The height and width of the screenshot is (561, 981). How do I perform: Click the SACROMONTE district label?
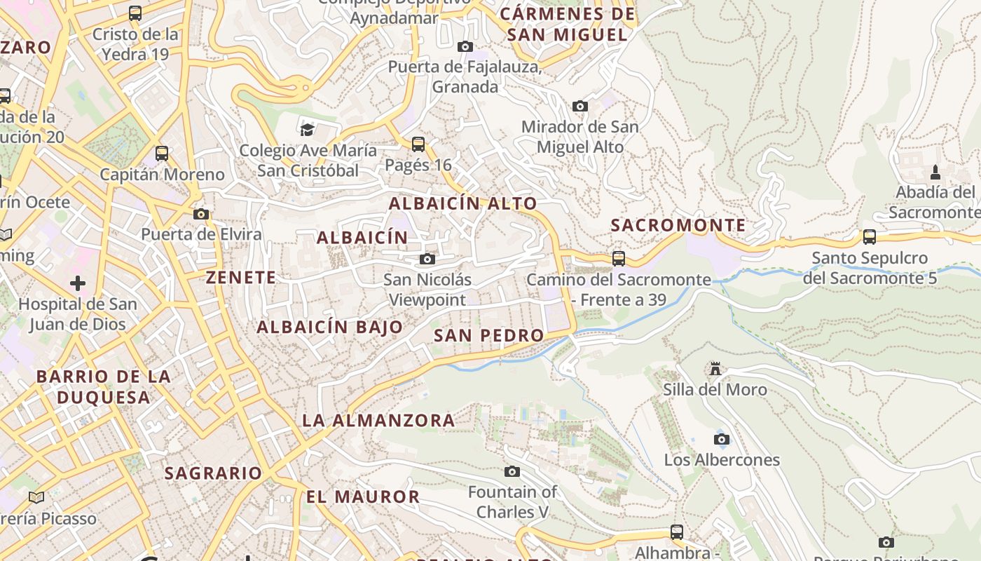(x=678, y=225)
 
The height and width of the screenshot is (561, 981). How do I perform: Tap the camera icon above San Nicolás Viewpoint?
(x=427, y=259)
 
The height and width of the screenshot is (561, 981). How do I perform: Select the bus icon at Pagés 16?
(x=418, y=144)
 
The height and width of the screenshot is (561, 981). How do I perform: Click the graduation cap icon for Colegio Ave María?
(x=307, y=130)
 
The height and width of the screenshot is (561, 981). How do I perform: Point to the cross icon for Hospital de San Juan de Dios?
(x=78, y=283)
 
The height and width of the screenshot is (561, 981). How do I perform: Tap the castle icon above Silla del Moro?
(x=715, y=369)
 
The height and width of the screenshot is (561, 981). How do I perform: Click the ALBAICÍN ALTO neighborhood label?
(x=462, y=204)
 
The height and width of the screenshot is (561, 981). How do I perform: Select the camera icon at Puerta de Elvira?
(x=201, y=214)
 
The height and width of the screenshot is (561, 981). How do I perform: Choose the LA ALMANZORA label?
(x=378, y=421)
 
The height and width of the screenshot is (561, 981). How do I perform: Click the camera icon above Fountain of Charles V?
(x=512, y=471)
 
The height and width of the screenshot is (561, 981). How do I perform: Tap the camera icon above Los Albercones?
(x=721, y=440)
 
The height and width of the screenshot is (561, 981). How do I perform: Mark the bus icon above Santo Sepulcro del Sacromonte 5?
(x=870, y=237)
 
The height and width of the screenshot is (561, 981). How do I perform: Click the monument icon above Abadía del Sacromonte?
(x=935, y=172)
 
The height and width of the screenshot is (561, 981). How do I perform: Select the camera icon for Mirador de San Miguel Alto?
(x=579, y=106)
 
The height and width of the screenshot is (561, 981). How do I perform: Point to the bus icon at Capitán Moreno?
(x=162, y=153)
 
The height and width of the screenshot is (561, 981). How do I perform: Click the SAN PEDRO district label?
(x=488, y=336)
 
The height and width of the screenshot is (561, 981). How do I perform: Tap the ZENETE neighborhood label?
(x=241, y=278)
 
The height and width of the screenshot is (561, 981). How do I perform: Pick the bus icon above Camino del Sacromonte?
(x=619, y=259)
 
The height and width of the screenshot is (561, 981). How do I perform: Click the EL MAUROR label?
(x=362, y=497)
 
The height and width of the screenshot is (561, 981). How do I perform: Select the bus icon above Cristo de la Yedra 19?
(x=135, y=13)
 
